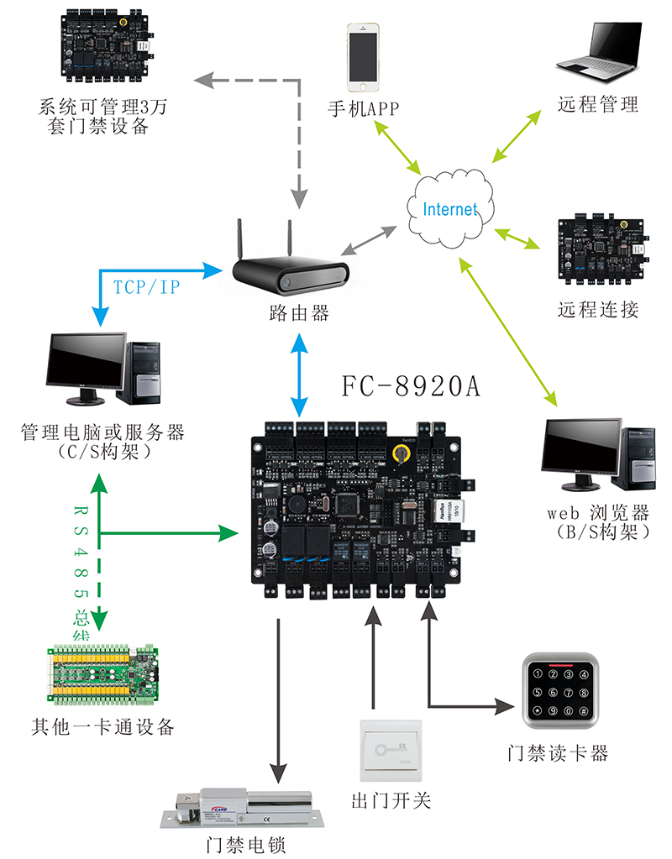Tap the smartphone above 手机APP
coord(363,57)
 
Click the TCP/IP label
coord(146,287)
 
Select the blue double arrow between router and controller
coord(300,374)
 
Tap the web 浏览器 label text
coord(598,513)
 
